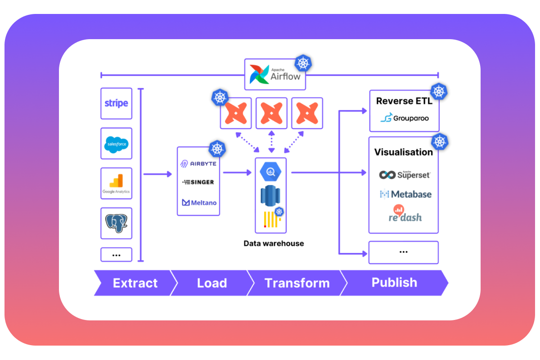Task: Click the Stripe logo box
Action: pos(116,103)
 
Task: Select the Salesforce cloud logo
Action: pos(116,144)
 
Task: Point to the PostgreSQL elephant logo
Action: pos(116,223)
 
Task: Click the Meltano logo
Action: pos(198,202)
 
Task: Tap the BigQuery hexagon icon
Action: pos(271,171)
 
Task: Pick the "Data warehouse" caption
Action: pos(274,243)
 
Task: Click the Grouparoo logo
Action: pos(404,118)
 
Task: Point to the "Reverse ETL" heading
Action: pos(404,101)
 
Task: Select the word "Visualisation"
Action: pos(403,152)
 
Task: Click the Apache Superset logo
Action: pos(404,174)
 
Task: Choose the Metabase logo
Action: pos(405,194)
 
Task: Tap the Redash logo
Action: pos(405,214)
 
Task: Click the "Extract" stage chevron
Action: pos(134,283)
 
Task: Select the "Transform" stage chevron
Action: pos(297,283)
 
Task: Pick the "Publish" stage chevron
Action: pos(394,283)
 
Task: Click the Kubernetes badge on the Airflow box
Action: pos(304,63)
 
